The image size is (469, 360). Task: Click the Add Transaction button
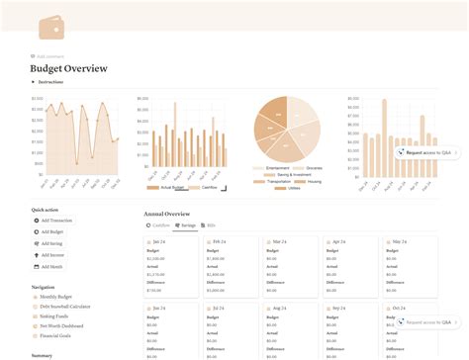point(57,220)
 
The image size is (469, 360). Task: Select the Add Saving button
point(53,242)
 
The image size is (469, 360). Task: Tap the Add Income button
point(54,254)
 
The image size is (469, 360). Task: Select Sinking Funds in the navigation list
point(56,316)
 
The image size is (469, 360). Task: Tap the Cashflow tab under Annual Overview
point(159,225)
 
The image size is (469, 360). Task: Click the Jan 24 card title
point(158,241)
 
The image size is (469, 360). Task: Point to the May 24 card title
point(400,241)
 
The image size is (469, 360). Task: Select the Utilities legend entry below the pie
point(295,188)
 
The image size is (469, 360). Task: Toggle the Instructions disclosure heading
point(49,82)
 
